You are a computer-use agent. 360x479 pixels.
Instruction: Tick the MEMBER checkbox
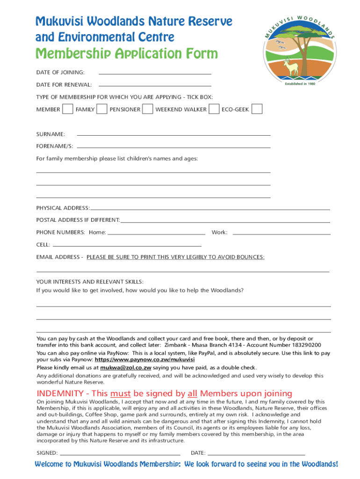(68, 109)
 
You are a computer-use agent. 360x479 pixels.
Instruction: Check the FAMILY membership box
(101, 109)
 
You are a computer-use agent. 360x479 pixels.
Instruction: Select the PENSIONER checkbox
(147, 109)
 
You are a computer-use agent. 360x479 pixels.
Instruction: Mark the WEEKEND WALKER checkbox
(214, 109)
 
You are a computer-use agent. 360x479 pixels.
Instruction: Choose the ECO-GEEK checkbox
(257, 109)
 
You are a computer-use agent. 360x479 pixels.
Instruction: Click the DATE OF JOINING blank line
(155, 73)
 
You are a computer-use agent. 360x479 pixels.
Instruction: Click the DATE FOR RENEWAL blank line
(155, 85)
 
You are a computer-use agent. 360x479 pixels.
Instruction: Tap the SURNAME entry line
(173, 135)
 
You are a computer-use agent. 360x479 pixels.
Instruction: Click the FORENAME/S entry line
(173, 147)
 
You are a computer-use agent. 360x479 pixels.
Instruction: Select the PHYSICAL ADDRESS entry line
(210, 209)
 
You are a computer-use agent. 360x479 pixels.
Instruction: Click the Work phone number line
(281, 233)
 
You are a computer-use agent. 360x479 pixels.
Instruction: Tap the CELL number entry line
(127, 245)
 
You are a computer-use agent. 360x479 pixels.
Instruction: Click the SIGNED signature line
(120, 454)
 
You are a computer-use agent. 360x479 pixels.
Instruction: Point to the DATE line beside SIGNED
(256, 454)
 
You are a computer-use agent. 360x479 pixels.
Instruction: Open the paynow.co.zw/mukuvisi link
(144, 360)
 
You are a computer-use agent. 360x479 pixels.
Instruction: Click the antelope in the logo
(292, 67)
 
